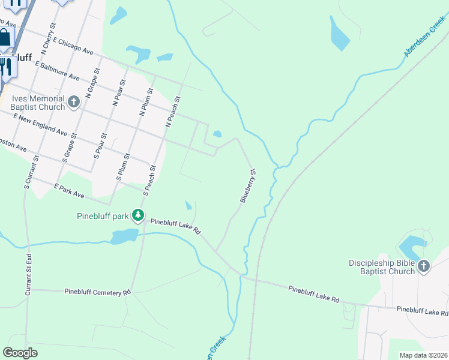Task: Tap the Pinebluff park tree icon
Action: click(x=138, y=215)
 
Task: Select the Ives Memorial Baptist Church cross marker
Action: click(x=74, y=101)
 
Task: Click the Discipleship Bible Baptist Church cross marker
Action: click(x=424, y=266)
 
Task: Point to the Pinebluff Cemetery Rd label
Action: click(x=97, y=292)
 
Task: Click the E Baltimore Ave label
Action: click(x=57, y=70)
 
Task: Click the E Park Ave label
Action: click(x=68, y=191)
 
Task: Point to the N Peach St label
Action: click(x=172, y=112)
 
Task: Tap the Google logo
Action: click(x=20, y=353)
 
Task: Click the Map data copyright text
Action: click(x=423, y=355)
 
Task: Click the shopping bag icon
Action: click(x=5, y=38)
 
